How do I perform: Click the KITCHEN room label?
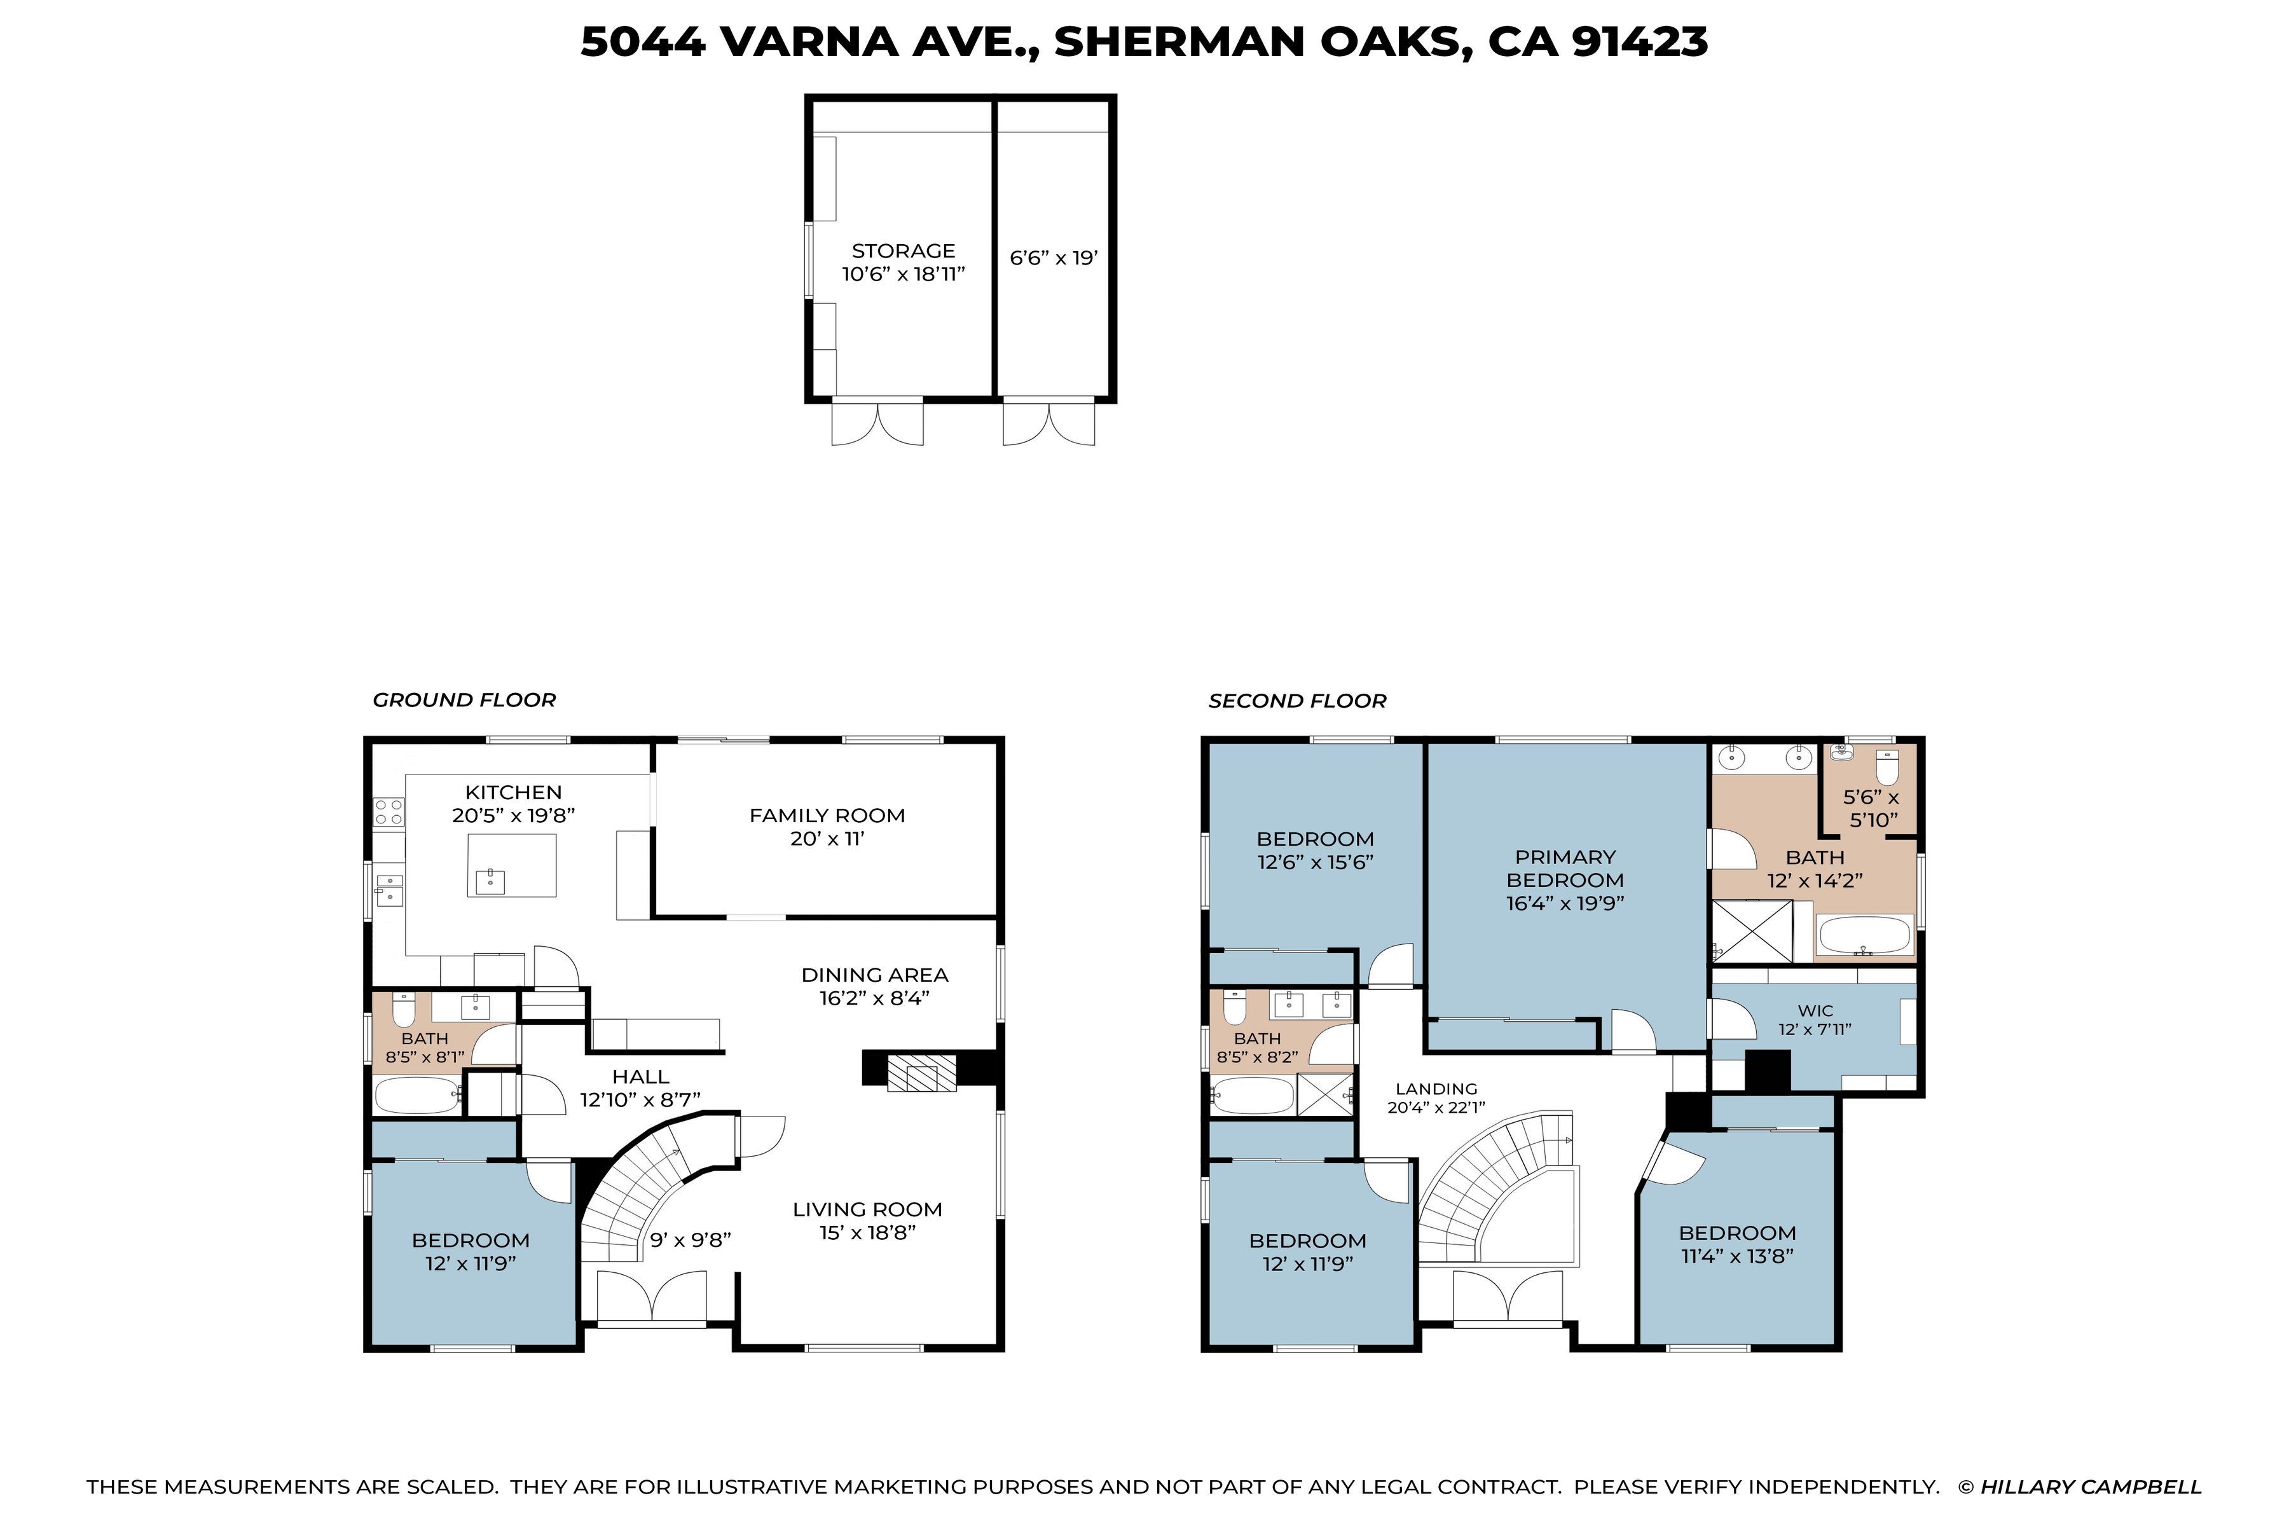click(513, 792)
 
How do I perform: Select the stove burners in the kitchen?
click(389, 812)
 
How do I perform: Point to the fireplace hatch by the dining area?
click(921, 1077)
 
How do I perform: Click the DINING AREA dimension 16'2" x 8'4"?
click(873, 998)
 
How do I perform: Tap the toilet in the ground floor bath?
click(403, 1011)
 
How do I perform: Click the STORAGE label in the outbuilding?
click(903, 251)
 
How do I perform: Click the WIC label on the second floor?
click(1815, 1011)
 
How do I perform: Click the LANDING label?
click(1436, 1089)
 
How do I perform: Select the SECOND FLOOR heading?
click(1296, 701)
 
